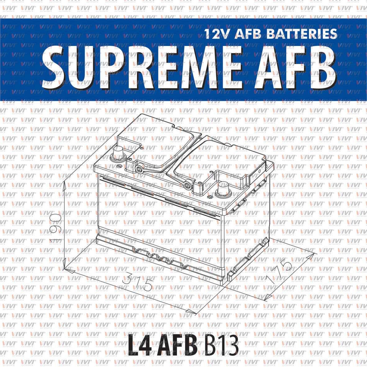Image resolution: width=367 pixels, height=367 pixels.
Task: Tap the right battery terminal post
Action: pyautogui.click(x=223, y=188)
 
